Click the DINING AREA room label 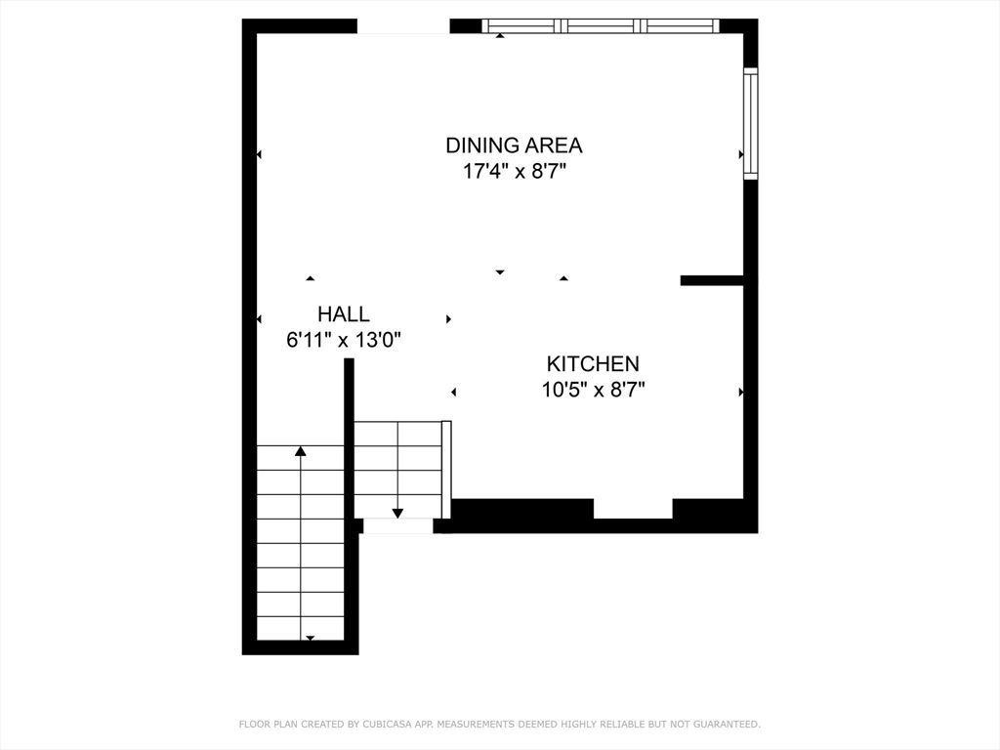click(514, 146)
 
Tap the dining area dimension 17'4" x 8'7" click(515, 172)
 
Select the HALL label click(343, 313)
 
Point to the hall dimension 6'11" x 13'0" click(343, 340)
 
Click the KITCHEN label click(593, 363)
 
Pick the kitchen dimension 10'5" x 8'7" click(593, 389)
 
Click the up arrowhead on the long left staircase click(301, 451)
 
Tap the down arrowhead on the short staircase click(398, 513)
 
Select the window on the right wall click(751, 123)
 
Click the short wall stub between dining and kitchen click(712, 280)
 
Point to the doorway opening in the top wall click(403, 26)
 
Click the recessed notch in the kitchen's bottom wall click(633, 509)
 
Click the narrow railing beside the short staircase click(446, 470)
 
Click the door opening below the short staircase click(398, 525)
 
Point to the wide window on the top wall click(601, 26)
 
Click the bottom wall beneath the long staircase click(301, 647)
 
